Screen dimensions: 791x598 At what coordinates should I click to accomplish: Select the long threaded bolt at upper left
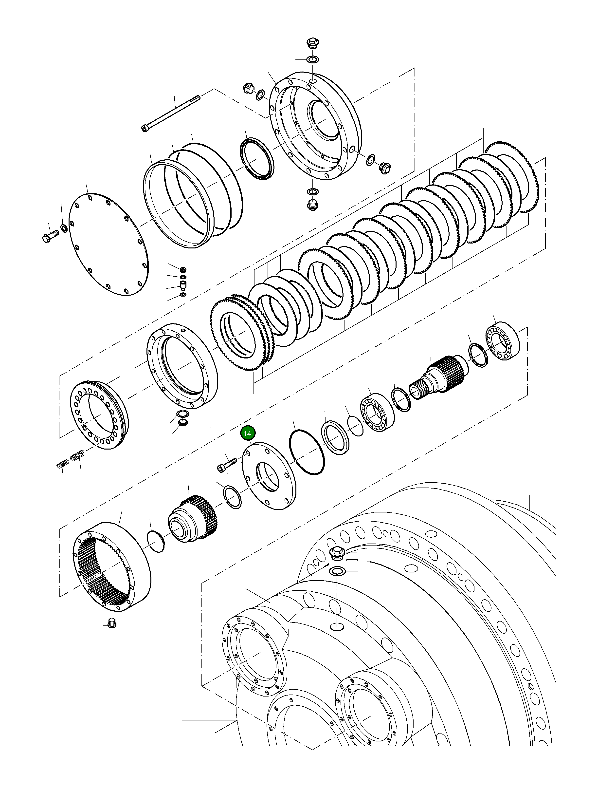tap(172, 113)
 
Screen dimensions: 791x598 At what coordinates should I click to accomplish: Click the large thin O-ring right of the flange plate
tap(307, 452)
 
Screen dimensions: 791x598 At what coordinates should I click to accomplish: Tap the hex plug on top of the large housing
tap(336, 554)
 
